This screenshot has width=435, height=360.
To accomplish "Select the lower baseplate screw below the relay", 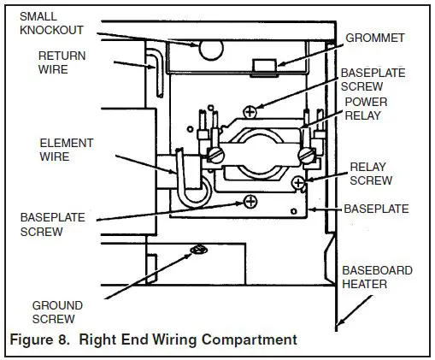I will [250, 201].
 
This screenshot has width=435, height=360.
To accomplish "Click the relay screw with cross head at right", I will [297, 183].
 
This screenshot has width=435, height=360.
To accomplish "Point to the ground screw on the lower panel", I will [198, 250].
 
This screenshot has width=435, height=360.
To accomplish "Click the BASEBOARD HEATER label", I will [377, 278].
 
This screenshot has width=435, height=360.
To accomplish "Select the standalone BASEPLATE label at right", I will [376, 209].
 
